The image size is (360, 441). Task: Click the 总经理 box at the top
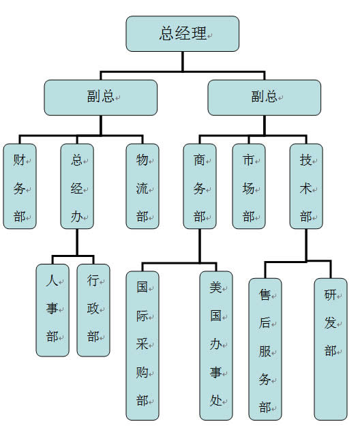pos(183,34)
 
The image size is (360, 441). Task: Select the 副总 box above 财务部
pos(101,97)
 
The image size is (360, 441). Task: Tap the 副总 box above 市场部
pos(265,97)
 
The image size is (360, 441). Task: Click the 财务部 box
pos(20,186)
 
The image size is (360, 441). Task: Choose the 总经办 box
pos(77,186)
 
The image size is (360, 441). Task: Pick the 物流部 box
pos(142,186)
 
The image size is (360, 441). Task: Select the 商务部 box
pos(200,186)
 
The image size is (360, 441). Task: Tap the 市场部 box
pos(249,186)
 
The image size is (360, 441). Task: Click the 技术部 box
pos(306,186)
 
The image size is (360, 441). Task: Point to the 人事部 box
pos(52,310)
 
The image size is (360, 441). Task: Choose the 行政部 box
pos(93,310)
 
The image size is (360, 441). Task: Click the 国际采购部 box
pos(142,346)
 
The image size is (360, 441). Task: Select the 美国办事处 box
pos(216,346)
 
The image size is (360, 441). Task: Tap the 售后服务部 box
pos(265,349)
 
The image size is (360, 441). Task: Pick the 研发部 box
pos(331,349)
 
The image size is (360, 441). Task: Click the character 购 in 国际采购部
pos(142,373)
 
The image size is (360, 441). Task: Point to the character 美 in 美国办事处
pos(215,288)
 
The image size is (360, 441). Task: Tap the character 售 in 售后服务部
pos(265,294)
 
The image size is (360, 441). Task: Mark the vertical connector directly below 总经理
pos(183,61)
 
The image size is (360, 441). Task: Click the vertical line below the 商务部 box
pos(200,246)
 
